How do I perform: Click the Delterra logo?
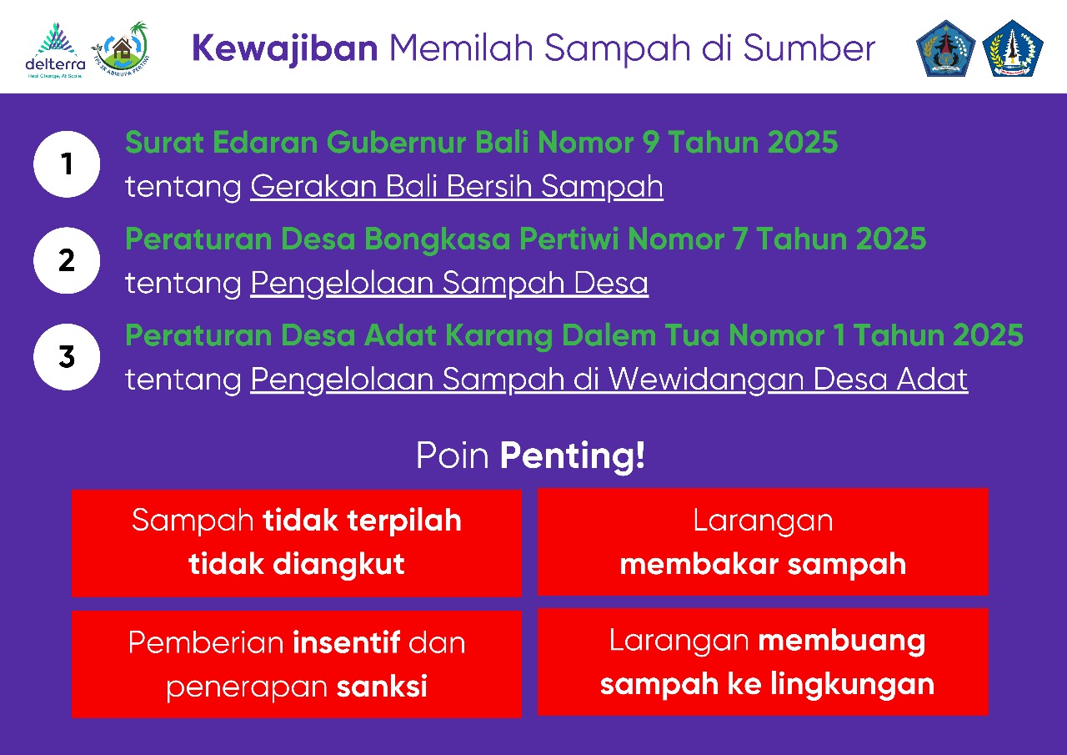(55, 50)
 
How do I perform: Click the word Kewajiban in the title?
(284, 49)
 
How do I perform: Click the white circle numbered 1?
(67, 164)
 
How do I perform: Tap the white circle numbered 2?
(67, 260)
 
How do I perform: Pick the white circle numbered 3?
(67, 357)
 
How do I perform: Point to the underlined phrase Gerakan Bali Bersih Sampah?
(456, 187)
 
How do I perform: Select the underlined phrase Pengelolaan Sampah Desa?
(448, 284)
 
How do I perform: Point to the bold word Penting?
(572, 456)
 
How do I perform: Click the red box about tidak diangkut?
(296, 543)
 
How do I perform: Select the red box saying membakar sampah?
(763, 542)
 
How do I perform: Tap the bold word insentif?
(347, 643)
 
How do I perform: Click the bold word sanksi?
(382, 687)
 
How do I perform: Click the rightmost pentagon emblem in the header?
(1012, 48)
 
